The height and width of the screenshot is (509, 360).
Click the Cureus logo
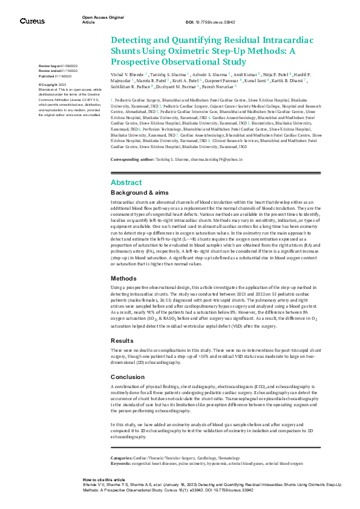31,21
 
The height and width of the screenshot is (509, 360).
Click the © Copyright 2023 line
52,85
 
